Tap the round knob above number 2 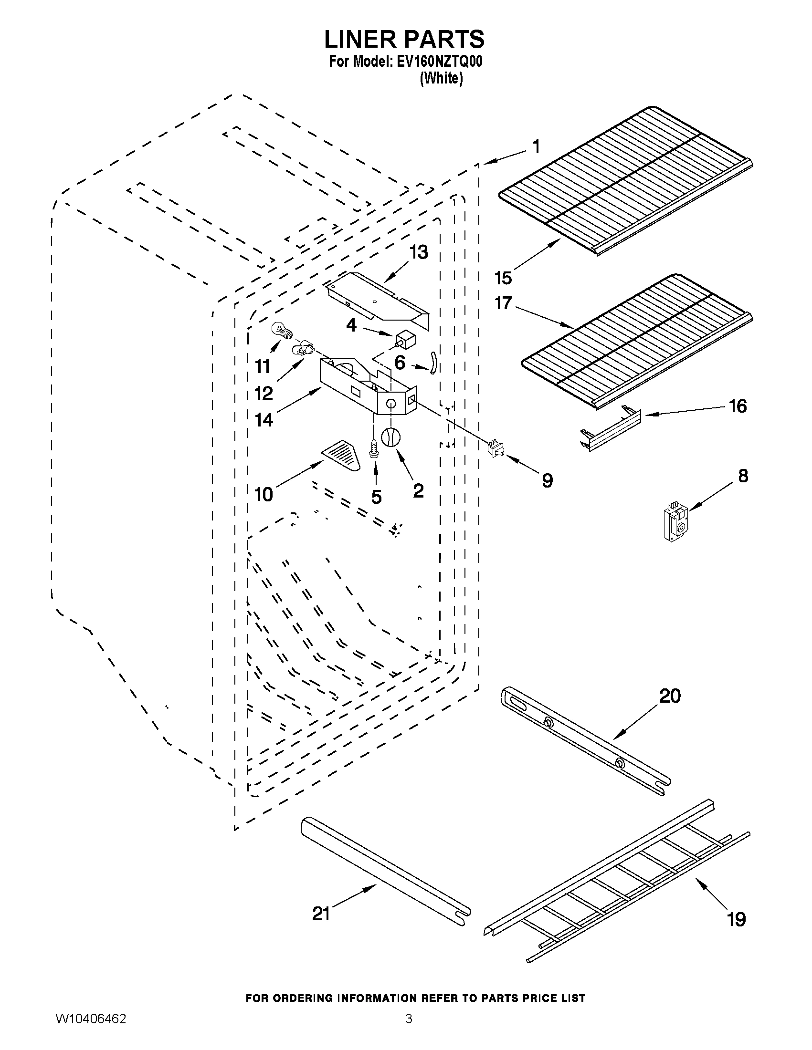point(390,437)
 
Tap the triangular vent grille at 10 point(342,455)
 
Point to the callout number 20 point(670,696)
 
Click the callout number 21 point(321,914)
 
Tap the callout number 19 point(737,919)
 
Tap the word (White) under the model point(441,78)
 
